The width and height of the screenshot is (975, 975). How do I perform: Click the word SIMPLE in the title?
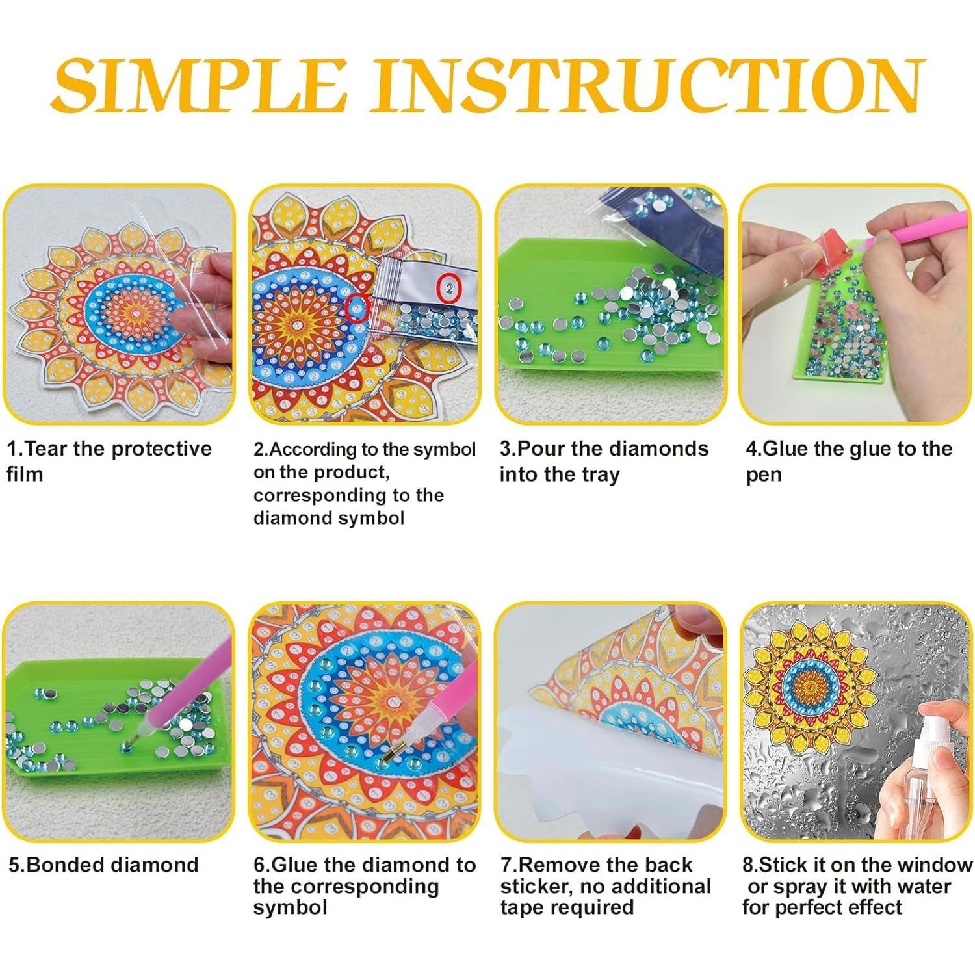pyautogui.click(x=198, y=86)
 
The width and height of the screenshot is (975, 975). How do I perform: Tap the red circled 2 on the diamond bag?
pyautogui.click(x=449, y=288)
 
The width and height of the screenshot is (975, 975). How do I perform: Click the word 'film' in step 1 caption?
pyautogui.click(x=25, y=474)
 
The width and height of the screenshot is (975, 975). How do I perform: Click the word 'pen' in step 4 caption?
pyautogui.click(x=763, y=475)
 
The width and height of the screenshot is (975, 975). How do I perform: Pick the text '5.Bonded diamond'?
pyautogui.click(x=103, y=864)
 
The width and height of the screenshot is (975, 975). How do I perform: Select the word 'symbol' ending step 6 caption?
pyautogui.click(x=290, y=907)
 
